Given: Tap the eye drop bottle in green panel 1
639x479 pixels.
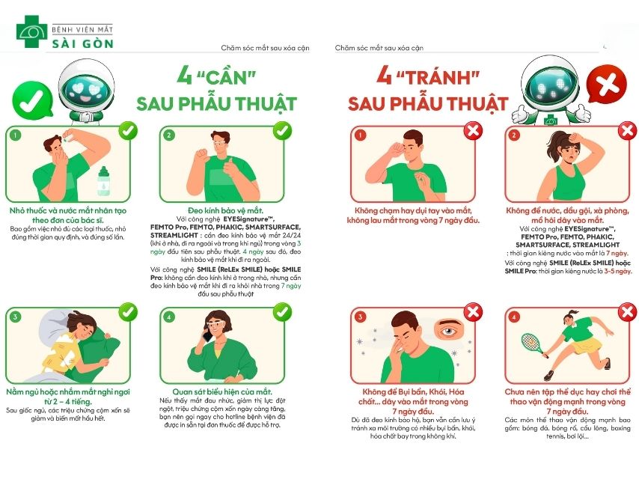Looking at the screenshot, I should (x=103, y=182).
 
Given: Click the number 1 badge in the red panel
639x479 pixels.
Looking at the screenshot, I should (x=359, y=135).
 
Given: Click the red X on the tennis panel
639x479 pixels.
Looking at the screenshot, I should (x=627, y=312).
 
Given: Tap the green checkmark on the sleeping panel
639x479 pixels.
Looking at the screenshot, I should (x=128, y=311).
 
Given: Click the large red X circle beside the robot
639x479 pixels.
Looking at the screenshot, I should (x=604, y=83).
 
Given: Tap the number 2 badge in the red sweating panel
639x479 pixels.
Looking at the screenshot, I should (x=514, y=135).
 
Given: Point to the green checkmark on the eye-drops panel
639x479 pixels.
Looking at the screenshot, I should (x=128, y=130).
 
